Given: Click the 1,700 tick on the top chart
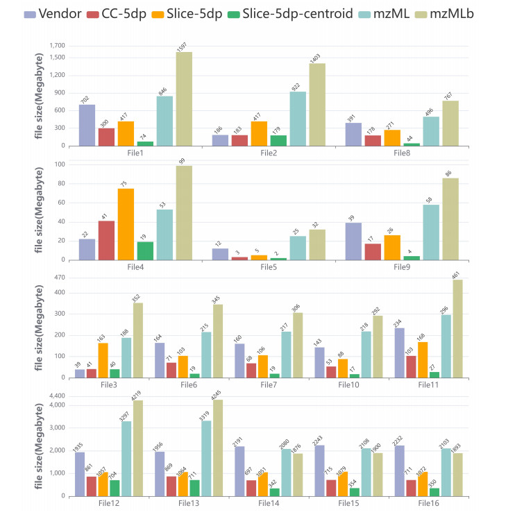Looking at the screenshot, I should pos(56,46).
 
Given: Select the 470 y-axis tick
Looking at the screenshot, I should pos(60,278).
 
